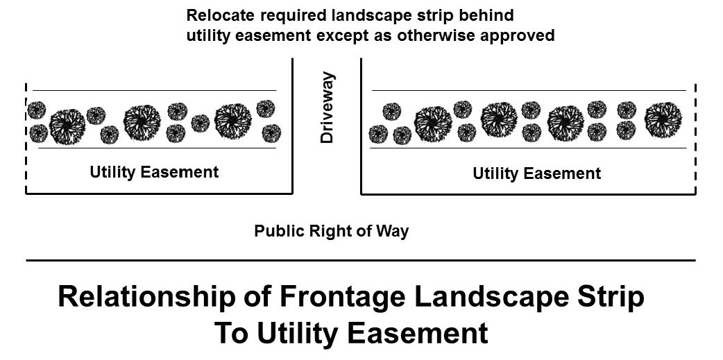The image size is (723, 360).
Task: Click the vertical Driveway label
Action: tap(327, 108)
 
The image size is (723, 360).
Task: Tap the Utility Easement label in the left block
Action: tap(154, 172)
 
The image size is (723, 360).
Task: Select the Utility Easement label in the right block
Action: tap(536, 173)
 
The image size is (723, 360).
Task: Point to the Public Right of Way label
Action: tap(331, 230)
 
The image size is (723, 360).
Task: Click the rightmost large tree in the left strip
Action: tap(232, 121)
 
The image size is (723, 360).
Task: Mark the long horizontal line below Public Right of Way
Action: tap(361, 260)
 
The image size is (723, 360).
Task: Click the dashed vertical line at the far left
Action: tap(26, 139)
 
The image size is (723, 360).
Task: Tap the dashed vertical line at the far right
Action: tap(695, 139)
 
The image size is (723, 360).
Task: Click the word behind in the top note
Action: tap(491, 15)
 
